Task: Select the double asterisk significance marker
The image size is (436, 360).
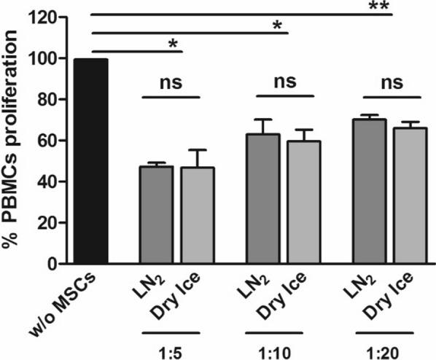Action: tap(397, 7)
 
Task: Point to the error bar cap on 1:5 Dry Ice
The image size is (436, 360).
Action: tap(196, 150)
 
